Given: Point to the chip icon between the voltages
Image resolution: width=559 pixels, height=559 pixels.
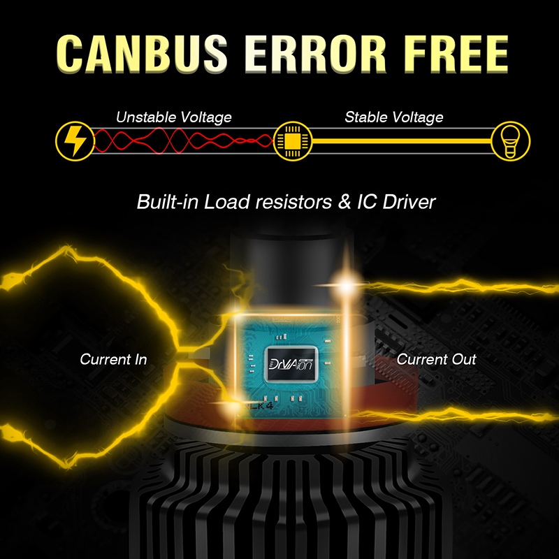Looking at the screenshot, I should [x=291, y=140].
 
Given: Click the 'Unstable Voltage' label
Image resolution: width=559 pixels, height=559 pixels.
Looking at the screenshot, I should [x=174, y=117].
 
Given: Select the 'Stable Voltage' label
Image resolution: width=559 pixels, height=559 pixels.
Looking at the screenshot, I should [x=393, y=117].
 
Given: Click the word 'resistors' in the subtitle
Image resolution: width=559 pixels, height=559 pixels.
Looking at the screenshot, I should [x=272, y=203].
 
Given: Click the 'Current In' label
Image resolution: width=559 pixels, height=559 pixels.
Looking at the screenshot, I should [x=113, y=360].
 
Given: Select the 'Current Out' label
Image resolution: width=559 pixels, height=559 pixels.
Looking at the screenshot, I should [x=436, y=360].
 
